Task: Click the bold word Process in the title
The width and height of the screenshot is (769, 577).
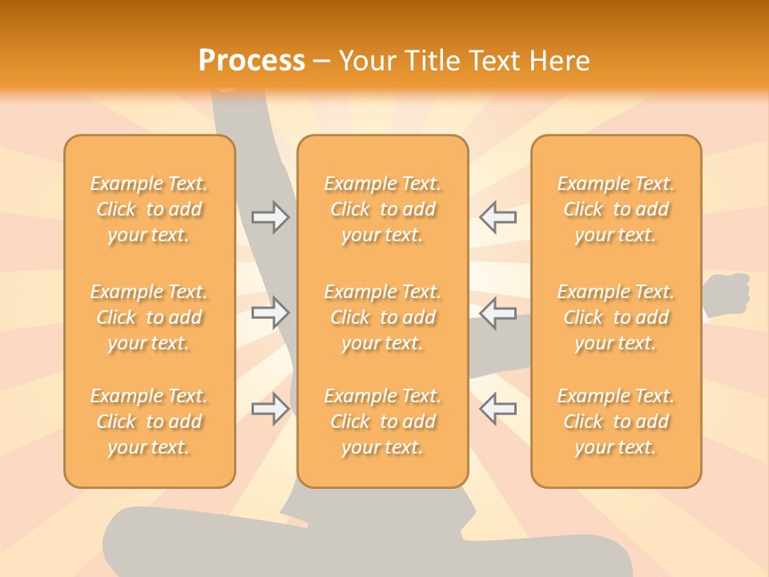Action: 252,60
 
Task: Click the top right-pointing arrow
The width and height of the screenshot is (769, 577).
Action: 270,217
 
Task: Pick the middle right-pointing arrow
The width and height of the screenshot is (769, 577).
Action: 270,313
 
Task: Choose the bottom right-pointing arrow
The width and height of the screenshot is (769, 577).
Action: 270,409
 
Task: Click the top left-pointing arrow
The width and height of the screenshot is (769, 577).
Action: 497,217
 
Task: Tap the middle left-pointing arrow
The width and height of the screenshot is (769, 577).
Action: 497,313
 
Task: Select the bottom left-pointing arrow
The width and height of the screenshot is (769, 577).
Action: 497,409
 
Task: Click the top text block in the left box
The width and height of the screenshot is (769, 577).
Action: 149,209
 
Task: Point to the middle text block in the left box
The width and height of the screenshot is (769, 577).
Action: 149,317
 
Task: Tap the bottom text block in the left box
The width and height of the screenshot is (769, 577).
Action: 149,422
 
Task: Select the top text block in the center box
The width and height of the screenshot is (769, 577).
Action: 383,209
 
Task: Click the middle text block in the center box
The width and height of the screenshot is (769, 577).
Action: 383,317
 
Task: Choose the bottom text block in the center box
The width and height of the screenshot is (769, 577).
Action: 383,422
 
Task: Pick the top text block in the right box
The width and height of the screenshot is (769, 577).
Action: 616,209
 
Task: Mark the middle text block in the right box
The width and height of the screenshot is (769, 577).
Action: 616,317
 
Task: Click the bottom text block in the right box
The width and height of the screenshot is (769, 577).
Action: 616,422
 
